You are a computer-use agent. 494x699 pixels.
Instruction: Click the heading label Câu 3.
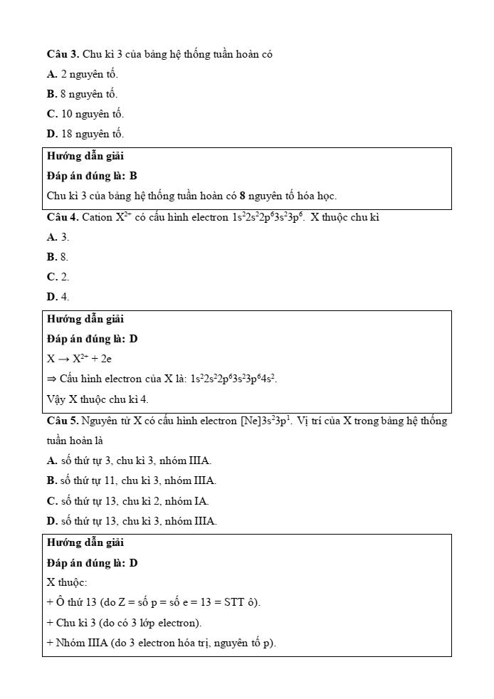(63, 54)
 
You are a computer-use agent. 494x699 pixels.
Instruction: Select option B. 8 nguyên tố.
(82, 94)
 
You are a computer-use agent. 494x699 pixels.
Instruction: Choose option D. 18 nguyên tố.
(85, 134)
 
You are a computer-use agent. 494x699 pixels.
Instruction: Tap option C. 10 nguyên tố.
(85, 114)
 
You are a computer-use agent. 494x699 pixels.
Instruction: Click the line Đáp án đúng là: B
(92, 176)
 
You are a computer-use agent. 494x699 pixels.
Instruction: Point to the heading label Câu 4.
(63, 217)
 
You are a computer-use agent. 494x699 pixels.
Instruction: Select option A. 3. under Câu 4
(58, 237)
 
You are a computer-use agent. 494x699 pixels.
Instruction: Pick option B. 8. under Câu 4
(58, 257)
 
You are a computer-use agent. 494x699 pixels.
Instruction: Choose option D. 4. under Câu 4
(58, 297)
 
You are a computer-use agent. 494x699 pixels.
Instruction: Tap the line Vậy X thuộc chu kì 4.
(98, 399)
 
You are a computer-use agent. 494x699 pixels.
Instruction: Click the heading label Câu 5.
(63, 421)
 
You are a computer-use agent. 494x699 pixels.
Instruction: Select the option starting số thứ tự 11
(132, 480)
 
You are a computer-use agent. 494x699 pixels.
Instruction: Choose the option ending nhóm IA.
(128, 501)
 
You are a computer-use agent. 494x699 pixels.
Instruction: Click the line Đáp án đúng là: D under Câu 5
(92, 563)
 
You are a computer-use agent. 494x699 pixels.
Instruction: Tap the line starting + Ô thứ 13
(154, 603)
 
